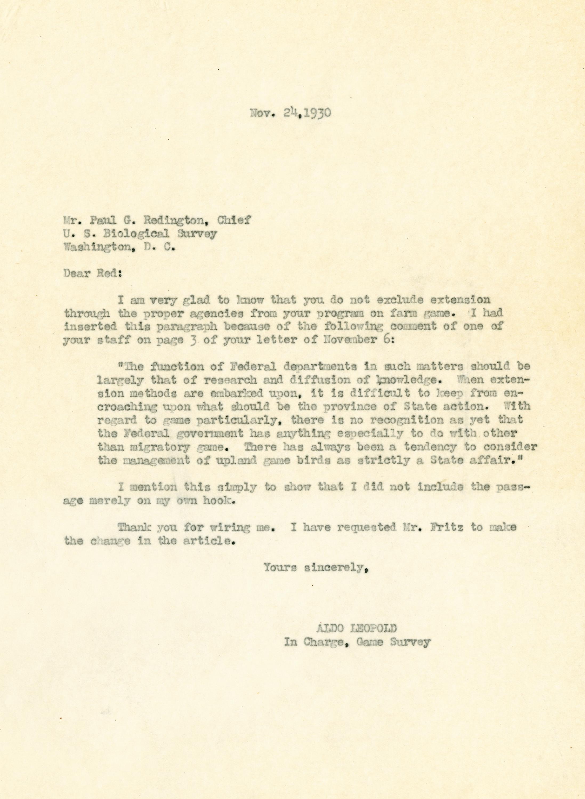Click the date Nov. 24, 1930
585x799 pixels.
point(291,113)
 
